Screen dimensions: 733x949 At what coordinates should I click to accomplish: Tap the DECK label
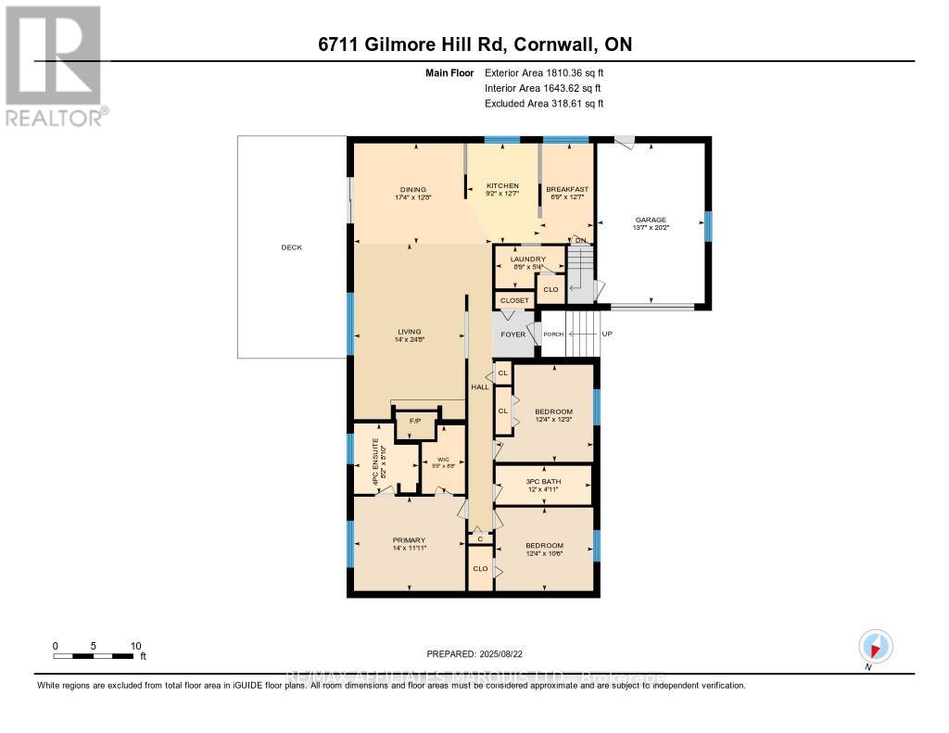[292, 247]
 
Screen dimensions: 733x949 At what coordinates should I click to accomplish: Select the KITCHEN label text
[503, 186]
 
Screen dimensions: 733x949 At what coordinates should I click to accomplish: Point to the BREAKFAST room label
[566, 189]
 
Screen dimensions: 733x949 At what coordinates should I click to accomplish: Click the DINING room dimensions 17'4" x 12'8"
[413, 197]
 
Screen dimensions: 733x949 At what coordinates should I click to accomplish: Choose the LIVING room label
[409, 331]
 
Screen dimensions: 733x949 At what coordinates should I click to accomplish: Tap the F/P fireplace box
[415, 423]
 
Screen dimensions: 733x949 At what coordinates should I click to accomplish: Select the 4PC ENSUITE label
[375, 458]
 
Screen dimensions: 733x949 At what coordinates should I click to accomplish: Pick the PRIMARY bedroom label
[409, 539]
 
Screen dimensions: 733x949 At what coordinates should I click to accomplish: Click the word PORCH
[552, 335]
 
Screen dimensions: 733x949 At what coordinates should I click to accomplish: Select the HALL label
[479, 386]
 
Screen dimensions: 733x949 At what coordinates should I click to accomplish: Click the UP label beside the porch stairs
[607, 334]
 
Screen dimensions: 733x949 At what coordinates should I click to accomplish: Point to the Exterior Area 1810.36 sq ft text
[544, 72]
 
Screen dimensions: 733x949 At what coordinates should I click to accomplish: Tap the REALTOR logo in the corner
[56, 65]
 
